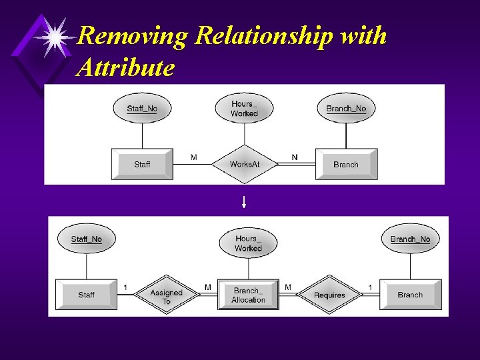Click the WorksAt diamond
pos(244,164)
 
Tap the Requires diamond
pos(329,294)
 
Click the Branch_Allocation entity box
pos(249,295)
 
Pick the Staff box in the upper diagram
pos(142,164)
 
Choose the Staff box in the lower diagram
pos(86,295)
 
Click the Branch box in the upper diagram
pos(346,164)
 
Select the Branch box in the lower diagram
pos(410,295)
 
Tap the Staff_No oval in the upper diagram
pos(142,108)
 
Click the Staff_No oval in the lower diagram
pos(87,239)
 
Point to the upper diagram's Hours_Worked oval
pos(244,109)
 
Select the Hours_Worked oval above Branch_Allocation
pos(248,243)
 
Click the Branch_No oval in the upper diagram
pos(346,108)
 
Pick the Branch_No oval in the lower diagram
pos(410,239)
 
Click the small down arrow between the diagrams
pos(244,202)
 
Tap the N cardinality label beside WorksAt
pos(295,157)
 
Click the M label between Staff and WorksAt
pos(193,157)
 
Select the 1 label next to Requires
pos(370,287)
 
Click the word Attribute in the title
pos(126,67)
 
